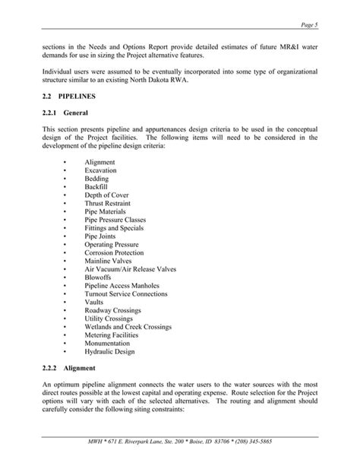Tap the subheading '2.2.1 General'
tap(67, 114)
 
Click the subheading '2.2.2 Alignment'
tap(71, 368)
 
